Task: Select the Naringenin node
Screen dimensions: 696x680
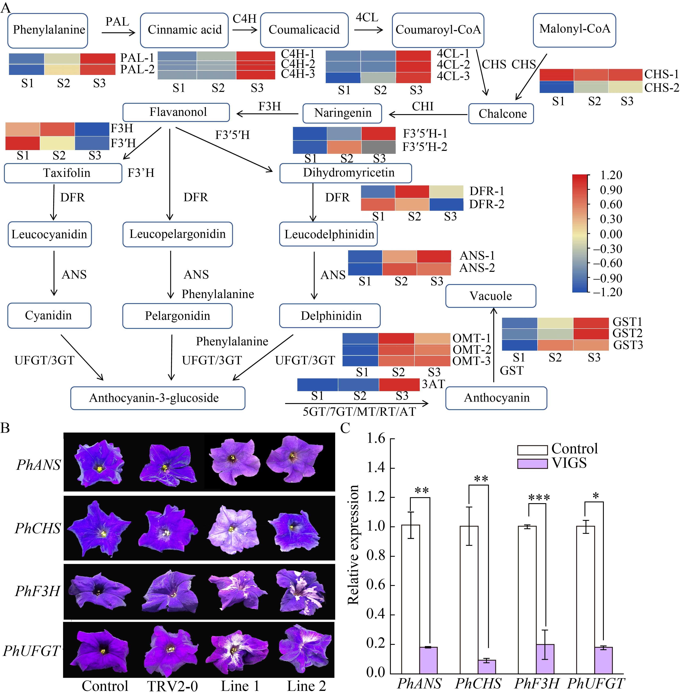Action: point(342,113)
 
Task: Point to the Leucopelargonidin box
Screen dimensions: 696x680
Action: point(178,234)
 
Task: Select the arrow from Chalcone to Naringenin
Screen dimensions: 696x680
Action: point(428,114)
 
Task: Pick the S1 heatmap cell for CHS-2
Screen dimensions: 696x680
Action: point(556,87)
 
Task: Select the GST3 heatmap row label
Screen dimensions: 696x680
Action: point(628,345)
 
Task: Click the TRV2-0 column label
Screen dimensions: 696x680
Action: point(172,686)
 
